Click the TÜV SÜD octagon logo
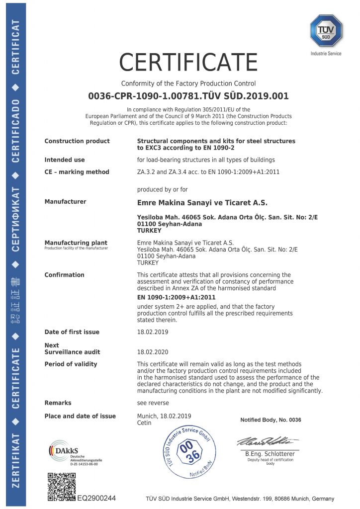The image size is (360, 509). (326, 31)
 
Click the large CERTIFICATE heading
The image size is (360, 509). (188, 63)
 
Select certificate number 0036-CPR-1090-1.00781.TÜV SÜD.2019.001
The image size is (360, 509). (188, 96)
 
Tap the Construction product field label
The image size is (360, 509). (77, 141)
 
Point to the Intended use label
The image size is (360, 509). (65, 160)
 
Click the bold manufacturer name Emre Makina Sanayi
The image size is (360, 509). (202, 202)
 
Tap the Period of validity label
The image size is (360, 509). (71, 364)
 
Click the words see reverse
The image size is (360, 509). (153, 403)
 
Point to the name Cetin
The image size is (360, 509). (144, 423)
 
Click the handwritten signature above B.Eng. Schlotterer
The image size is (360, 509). (267, 441)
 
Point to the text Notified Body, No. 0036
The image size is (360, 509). (270, 420)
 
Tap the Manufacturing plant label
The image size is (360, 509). (76, 243)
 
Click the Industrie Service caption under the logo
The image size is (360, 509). (326, 54)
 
